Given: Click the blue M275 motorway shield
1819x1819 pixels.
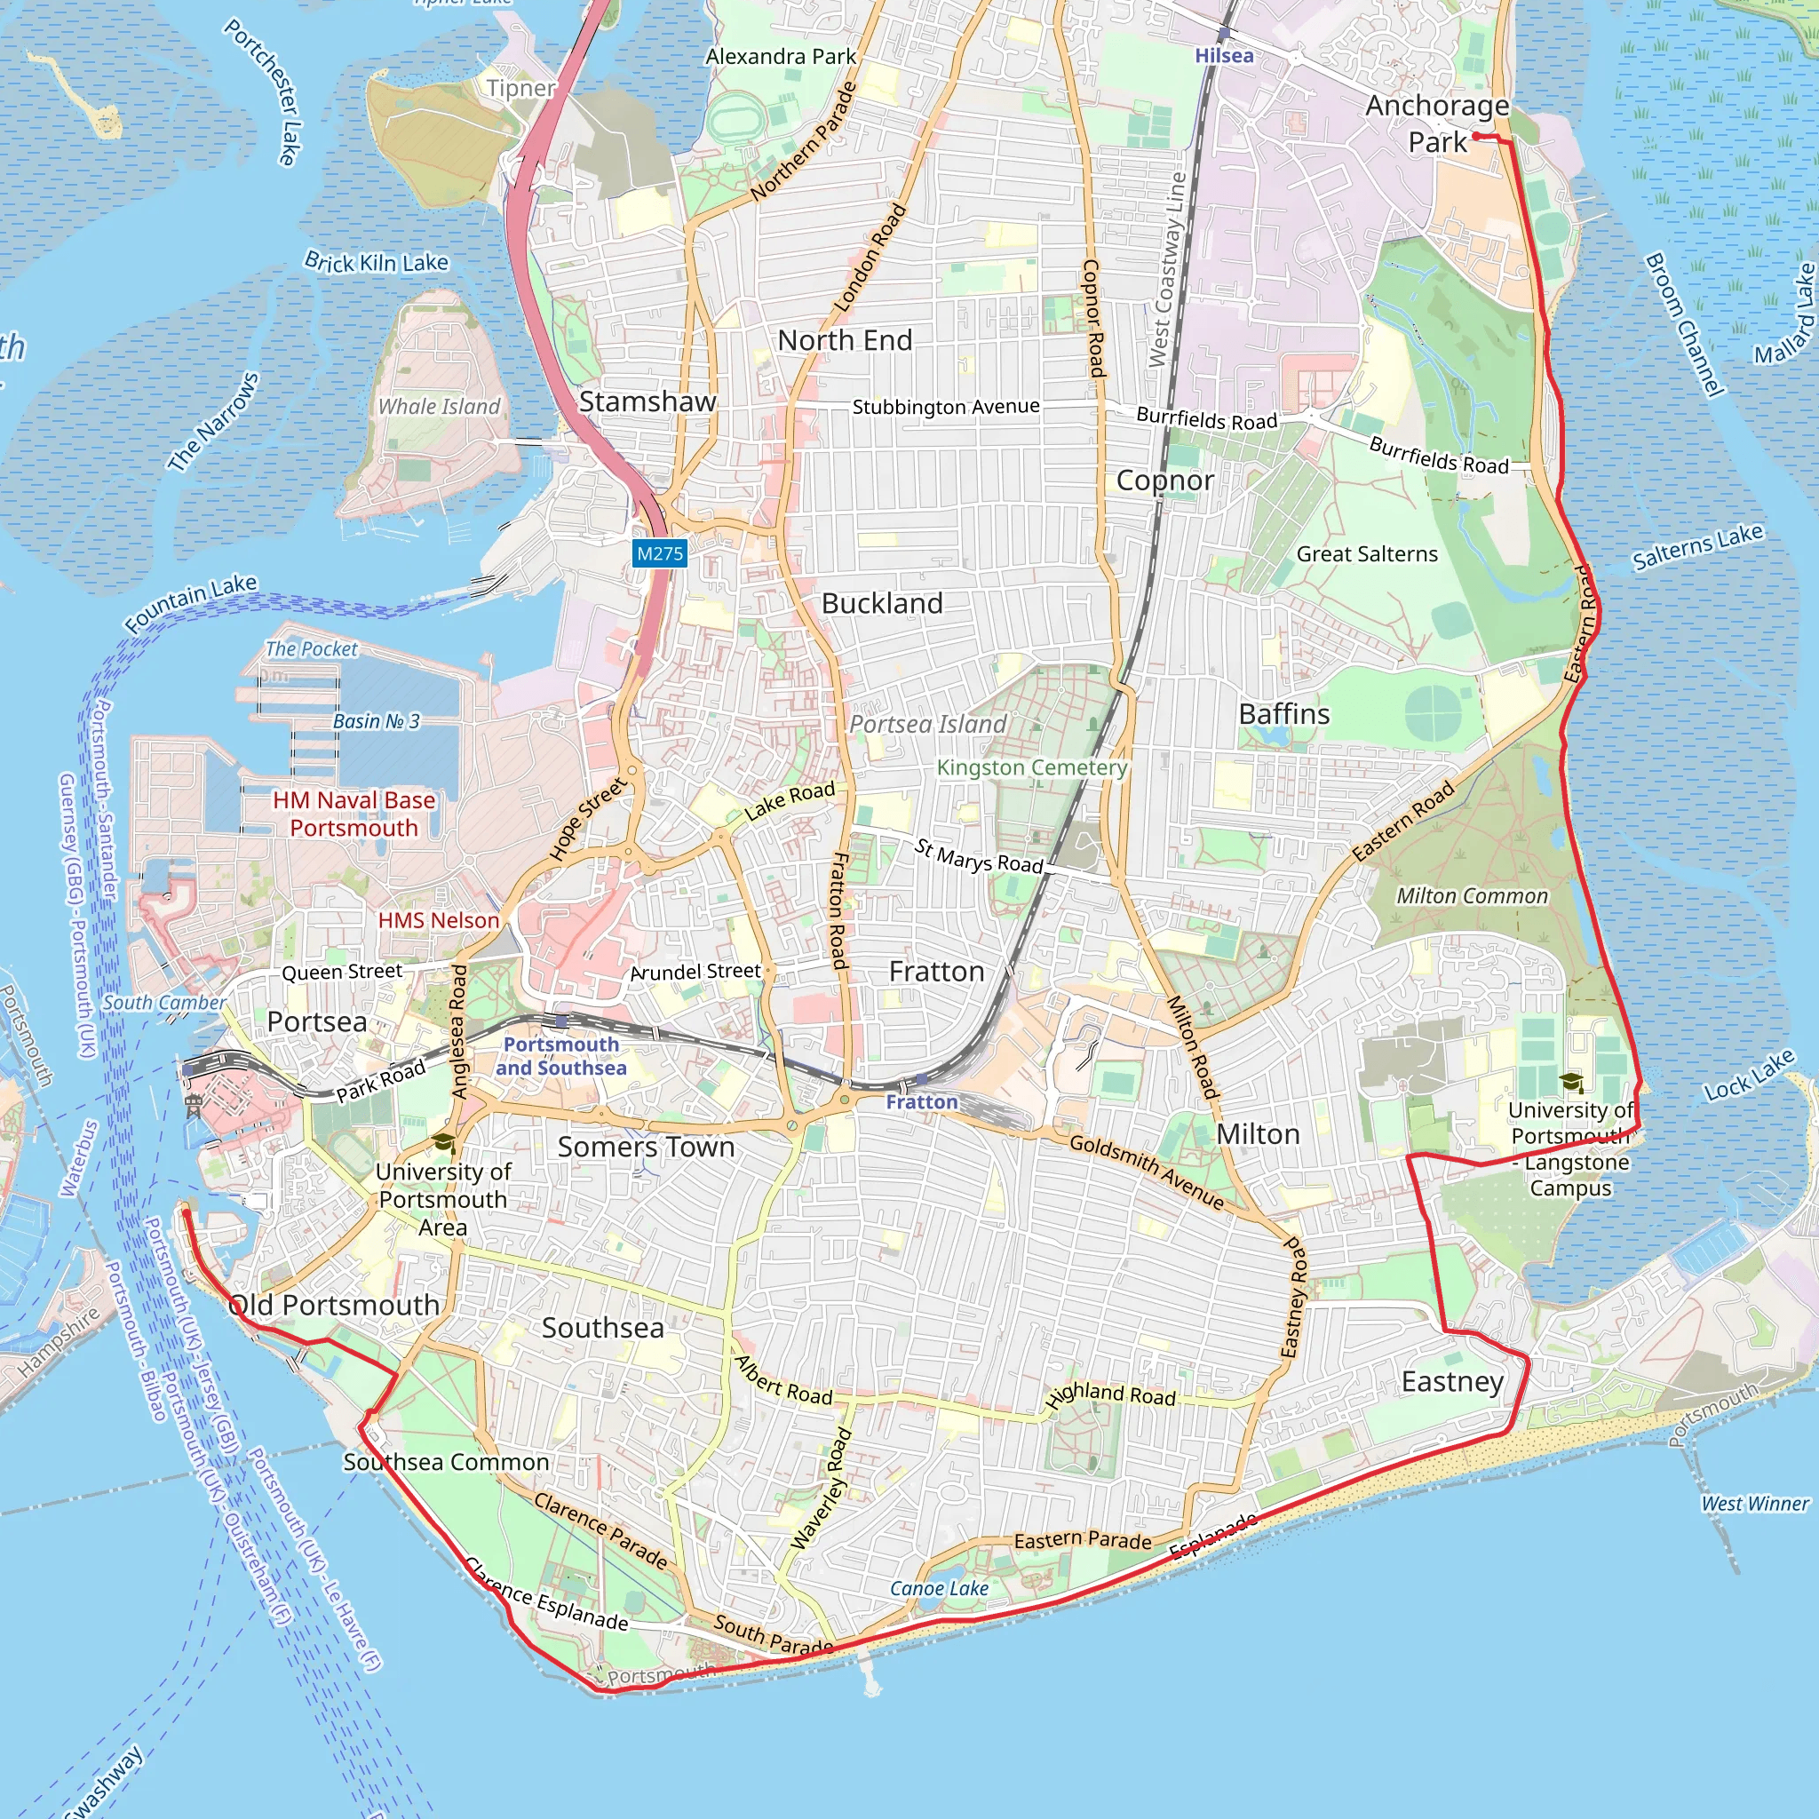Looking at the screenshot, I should point(659,553).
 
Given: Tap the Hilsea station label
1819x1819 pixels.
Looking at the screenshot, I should point(1224,56).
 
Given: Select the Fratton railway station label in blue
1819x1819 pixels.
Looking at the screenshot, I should point(921,1101).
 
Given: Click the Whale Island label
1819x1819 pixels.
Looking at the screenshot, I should point(439,407).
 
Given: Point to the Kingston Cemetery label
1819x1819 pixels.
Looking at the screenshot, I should point(1031,767).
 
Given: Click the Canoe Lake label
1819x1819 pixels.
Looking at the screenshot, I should point(939,1588).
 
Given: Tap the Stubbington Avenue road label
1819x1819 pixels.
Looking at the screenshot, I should point(945,407).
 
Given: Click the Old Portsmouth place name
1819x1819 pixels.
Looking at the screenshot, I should point(334,1305).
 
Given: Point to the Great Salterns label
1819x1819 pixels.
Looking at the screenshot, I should point(1367,553).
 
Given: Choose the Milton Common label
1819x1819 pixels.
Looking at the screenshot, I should point(1472,895).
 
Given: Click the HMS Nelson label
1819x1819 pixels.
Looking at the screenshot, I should point(439,920).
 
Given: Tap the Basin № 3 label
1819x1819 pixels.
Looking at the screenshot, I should point(377,721).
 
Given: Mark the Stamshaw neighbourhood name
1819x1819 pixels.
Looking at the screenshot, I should point(647,401).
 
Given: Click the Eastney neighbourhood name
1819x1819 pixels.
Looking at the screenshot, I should point(1453,1381).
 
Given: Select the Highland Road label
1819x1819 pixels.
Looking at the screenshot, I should point(1111,1394).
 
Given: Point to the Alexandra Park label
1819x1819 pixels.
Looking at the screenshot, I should point(781,57).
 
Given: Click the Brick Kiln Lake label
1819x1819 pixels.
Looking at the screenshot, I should point(377,262).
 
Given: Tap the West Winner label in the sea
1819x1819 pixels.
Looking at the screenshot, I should point(1754,1504).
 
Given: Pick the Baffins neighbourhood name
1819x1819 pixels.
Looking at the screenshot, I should point(1284,714).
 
